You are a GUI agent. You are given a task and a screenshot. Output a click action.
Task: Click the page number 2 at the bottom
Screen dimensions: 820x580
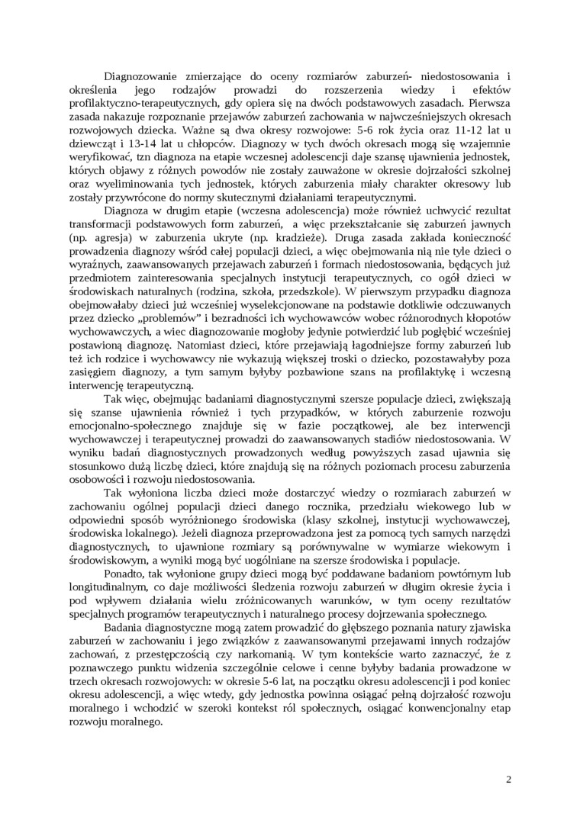click(507, 780)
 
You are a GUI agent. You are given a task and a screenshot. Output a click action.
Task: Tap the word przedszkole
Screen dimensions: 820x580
click(304, 289)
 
